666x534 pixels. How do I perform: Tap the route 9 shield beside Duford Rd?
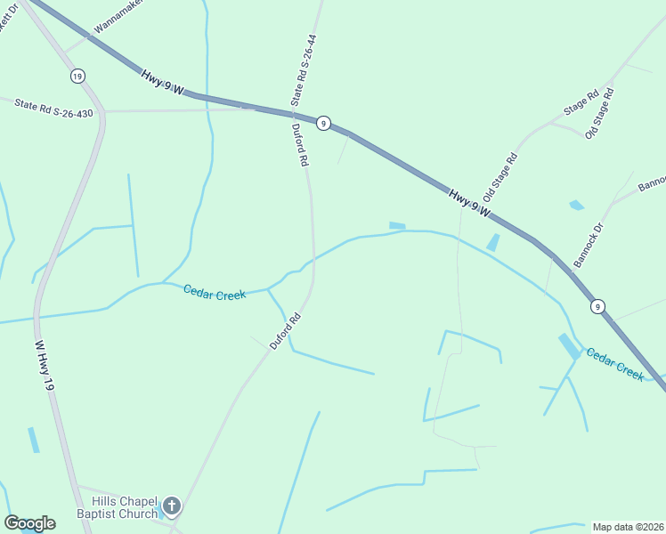pos(324,124)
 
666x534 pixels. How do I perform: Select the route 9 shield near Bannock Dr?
pos(597,306)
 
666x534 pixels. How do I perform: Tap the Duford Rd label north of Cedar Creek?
pos(300,145)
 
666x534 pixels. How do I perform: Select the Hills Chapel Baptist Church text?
pos(117,507)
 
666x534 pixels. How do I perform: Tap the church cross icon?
pos(172,507)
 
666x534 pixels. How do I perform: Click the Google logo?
pos(29,523)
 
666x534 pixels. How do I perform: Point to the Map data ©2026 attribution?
pos(628,527)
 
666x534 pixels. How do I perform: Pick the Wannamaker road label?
pos(118,16)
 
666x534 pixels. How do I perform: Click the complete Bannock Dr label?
pos(589,245)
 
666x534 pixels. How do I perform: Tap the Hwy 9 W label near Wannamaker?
pos(161,84)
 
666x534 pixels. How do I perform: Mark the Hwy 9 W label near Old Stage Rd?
pos(468,203)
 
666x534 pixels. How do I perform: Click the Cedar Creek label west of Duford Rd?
pos(215,292)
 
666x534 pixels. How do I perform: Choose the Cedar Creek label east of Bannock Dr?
pos(614,364)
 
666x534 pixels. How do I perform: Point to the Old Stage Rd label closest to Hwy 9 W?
pos(499,177)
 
